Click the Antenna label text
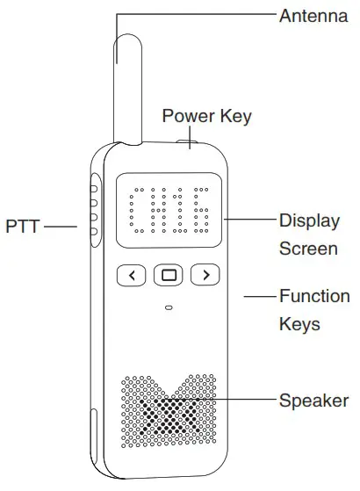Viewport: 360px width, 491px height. [313, 15]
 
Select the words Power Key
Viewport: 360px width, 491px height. [206, 116]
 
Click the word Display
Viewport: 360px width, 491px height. [308, 220]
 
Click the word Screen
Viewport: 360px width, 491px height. [307, 249]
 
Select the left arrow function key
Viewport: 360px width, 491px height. [132, 276]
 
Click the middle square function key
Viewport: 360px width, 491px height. [169, 276]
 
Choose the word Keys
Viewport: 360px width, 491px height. [299, 324]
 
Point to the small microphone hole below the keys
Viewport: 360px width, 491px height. [168, 307]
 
